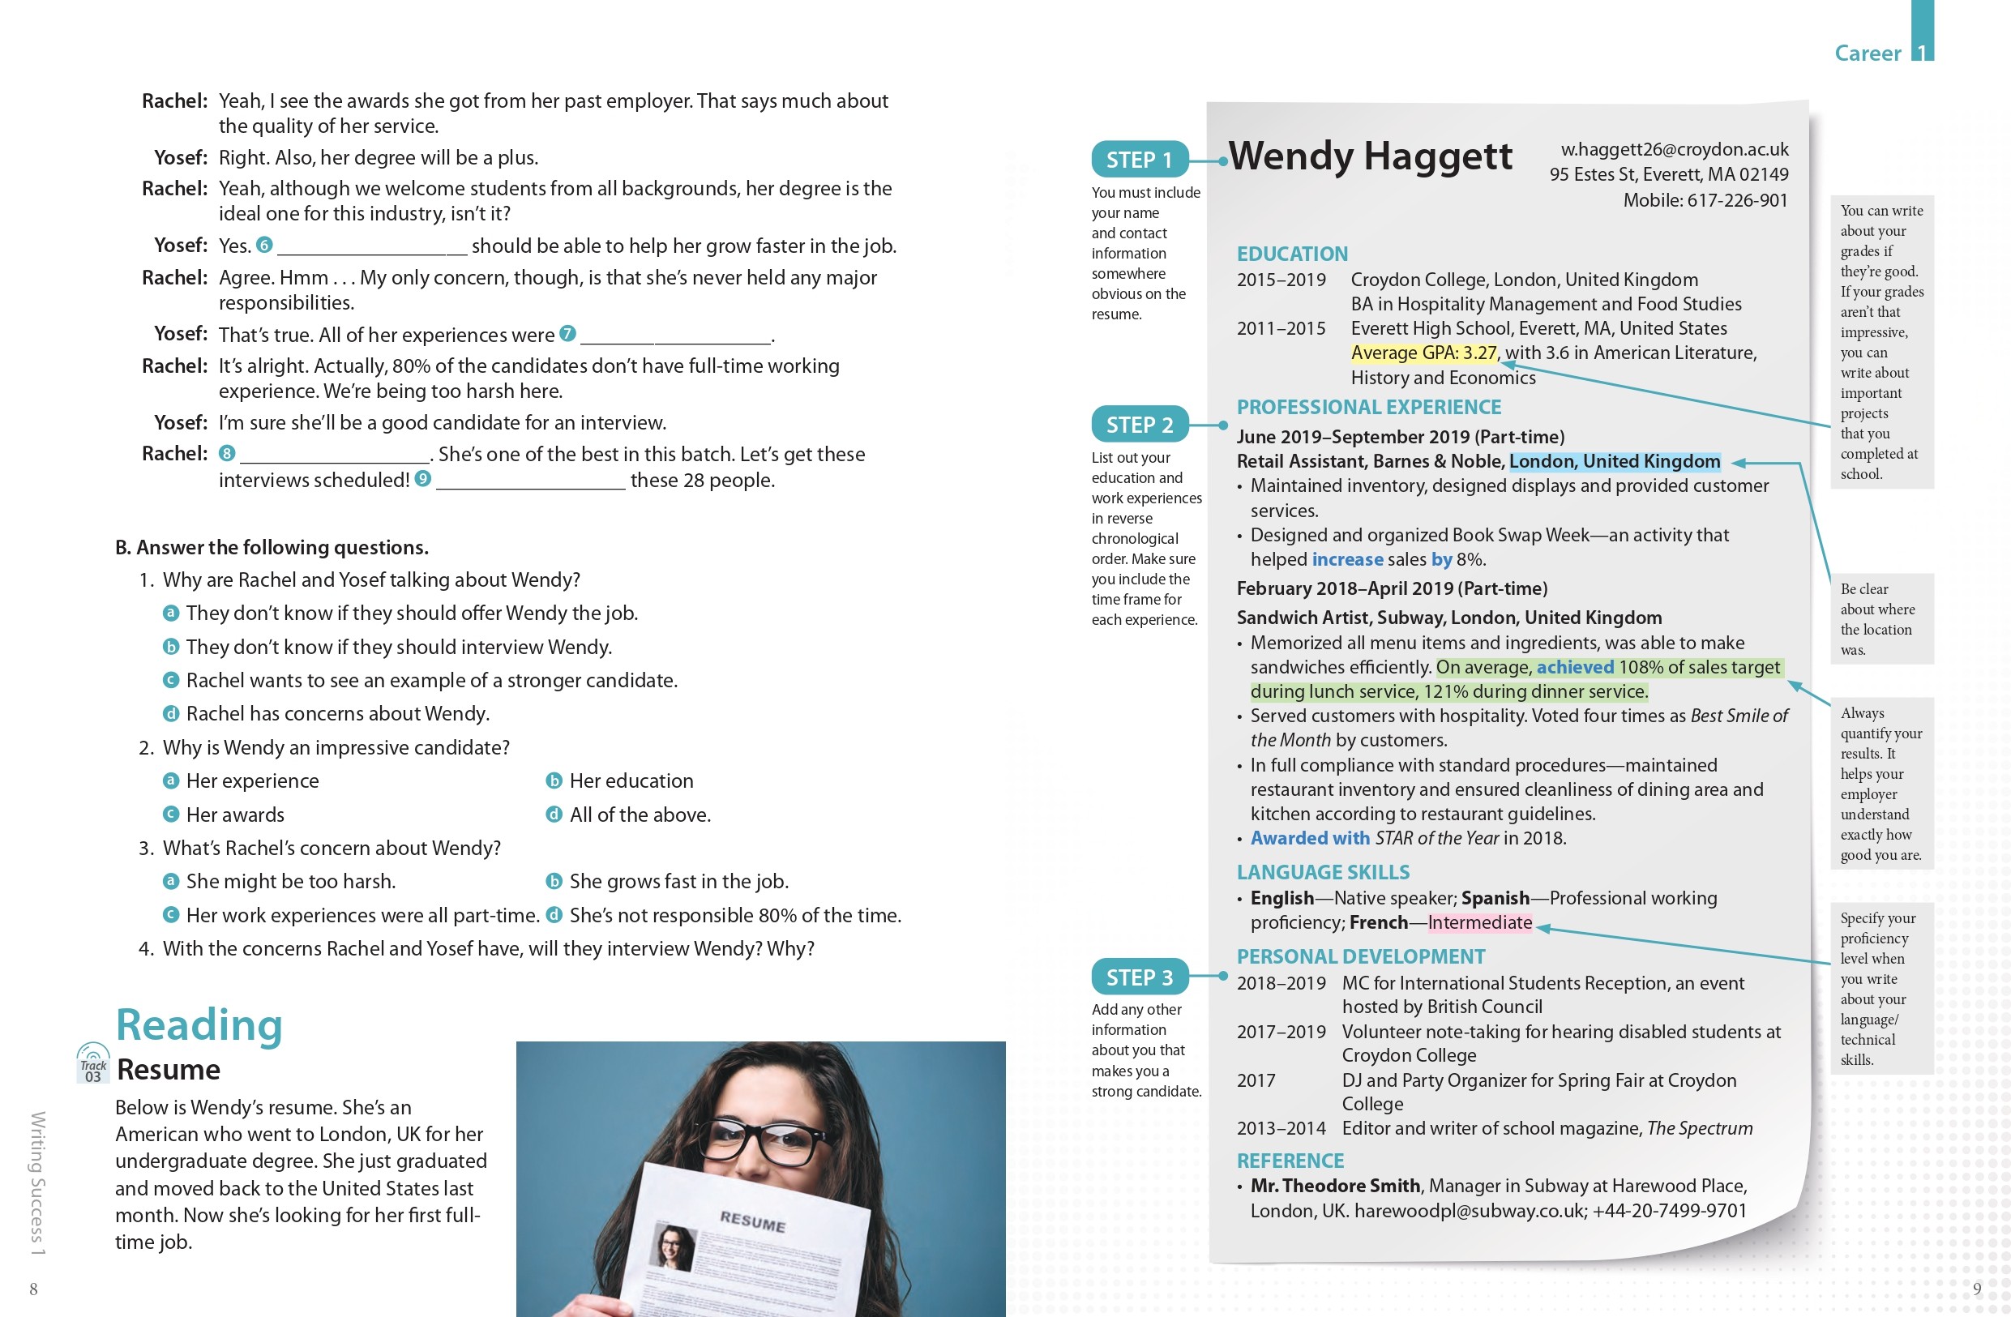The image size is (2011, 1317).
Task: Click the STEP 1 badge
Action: point(1138,160)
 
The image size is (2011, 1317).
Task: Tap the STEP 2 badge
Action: point(1139,425)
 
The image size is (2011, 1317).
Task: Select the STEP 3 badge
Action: point(1139,977)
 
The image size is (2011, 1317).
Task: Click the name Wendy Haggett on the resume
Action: point(1370,156)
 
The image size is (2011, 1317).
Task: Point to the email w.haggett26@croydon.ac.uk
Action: point(1674,149)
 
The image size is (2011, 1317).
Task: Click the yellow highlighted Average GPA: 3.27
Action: point(1423,353)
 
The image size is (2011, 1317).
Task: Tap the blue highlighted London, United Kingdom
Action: point(1614,461)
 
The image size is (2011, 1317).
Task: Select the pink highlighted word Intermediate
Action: point(1478,922)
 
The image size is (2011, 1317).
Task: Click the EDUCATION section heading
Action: point(1292,254)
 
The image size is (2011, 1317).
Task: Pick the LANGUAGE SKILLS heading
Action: point(1322,872)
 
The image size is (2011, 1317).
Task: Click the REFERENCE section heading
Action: point(1290,1161)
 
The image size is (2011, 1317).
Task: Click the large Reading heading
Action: point(199,1024)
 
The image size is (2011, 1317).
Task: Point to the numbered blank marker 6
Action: point(264,245)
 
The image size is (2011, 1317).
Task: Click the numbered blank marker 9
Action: point(422,479)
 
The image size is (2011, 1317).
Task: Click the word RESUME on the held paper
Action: point(752,1221)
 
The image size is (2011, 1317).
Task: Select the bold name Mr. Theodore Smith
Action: point(1334,1186)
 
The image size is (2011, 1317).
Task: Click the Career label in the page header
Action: point(1867,53)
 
